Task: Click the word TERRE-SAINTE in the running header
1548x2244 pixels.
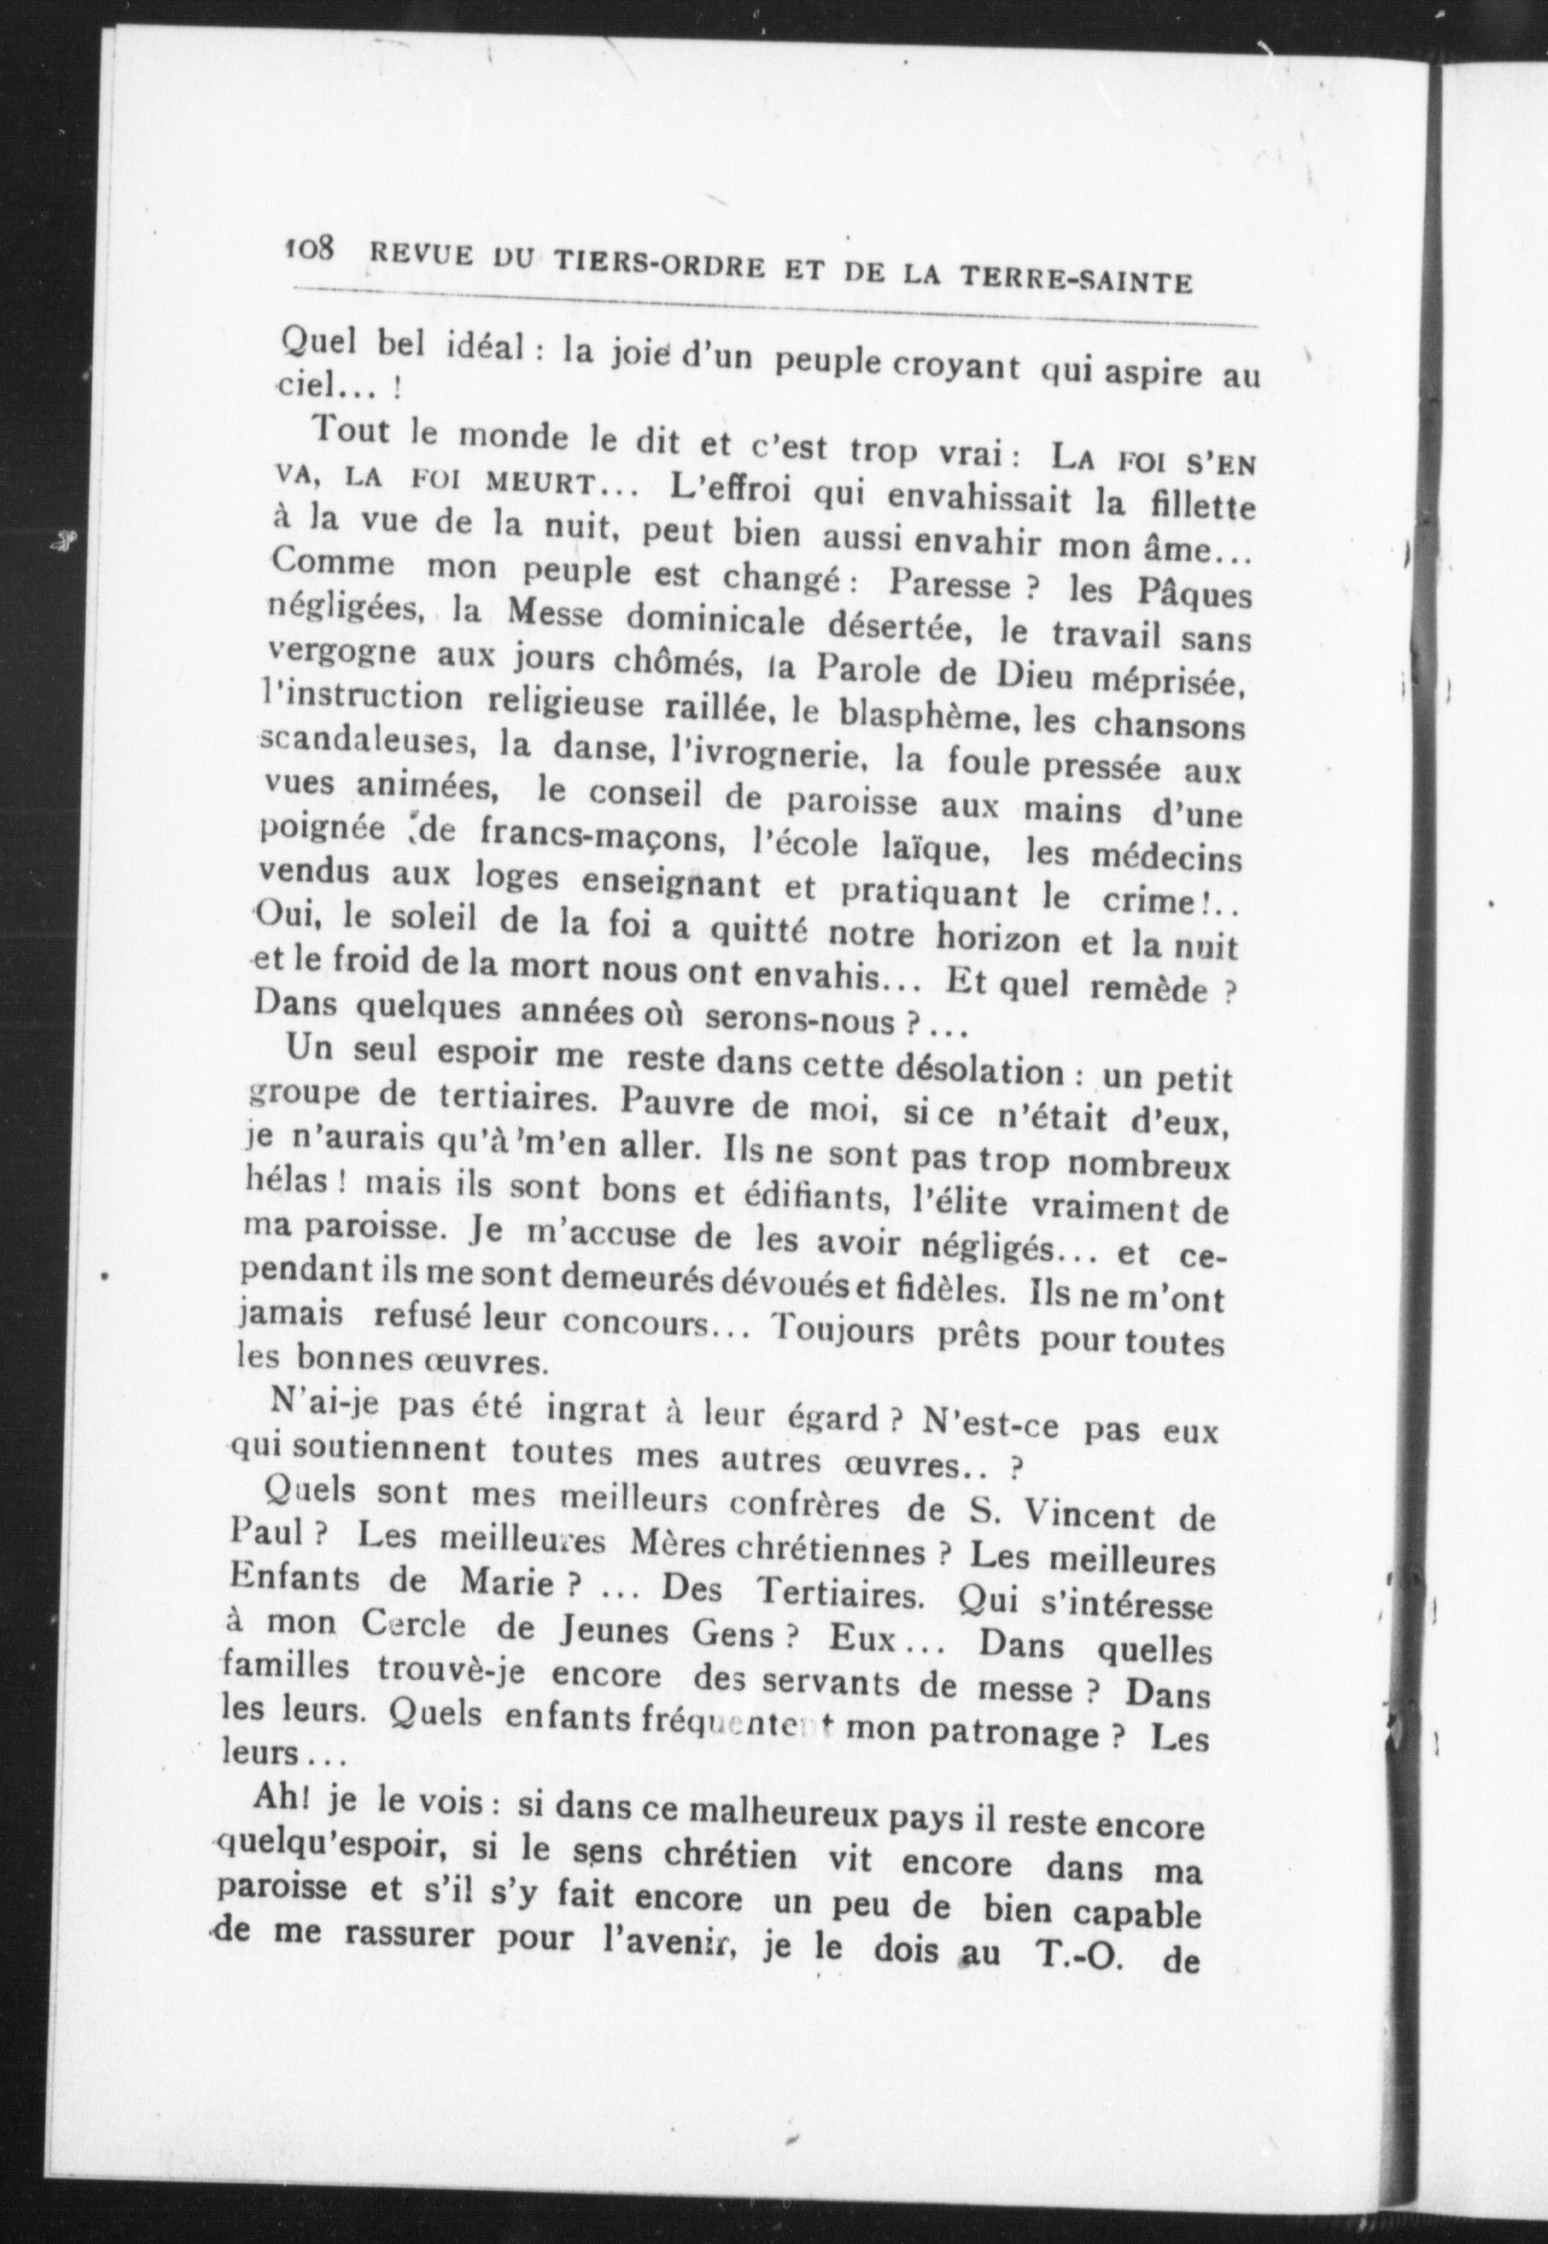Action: point(1076,276)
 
